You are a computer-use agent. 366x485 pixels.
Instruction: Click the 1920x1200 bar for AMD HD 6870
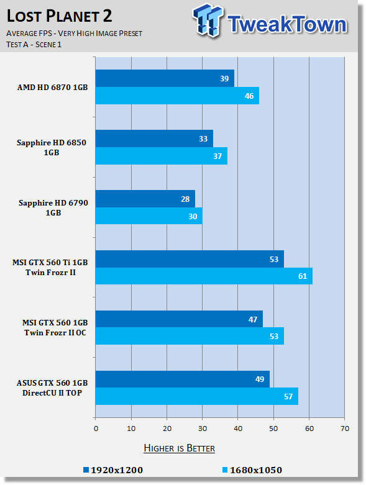(165, 78)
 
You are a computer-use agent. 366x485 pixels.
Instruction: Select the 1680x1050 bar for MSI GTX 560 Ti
(204, 276)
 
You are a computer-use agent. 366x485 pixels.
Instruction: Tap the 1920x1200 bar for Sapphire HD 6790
(145, 199)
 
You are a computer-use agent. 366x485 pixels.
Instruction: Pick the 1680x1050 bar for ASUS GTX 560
(197, 396)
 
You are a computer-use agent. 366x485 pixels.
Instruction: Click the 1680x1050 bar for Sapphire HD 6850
(162, 156)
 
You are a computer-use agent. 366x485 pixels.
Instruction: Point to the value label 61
(303, 276)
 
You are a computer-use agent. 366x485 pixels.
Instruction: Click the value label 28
(185, 199)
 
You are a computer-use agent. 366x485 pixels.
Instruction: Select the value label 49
(260, 379)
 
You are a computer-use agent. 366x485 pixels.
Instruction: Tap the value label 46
(249, 96)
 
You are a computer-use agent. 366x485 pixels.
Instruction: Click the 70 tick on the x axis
(345, 428)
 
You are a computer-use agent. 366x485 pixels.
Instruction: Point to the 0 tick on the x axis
(96, 428)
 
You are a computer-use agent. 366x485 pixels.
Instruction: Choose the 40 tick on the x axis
(238, 428)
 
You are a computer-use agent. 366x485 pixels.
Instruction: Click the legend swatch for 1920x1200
(86, 470)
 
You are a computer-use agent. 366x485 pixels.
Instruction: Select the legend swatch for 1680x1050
(225, 470)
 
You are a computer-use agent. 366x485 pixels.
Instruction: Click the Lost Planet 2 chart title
(60, 16)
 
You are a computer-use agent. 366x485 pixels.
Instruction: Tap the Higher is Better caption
(180, 448)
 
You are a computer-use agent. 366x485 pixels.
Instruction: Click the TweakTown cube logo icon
(208, 20)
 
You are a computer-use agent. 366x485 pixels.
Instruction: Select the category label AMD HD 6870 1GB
(53, 87)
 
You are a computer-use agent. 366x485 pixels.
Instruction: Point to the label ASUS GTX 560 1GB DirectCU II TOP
(52, 388)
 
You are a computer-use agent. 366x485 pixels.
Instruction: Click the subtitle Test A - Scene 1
(34, 45)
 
